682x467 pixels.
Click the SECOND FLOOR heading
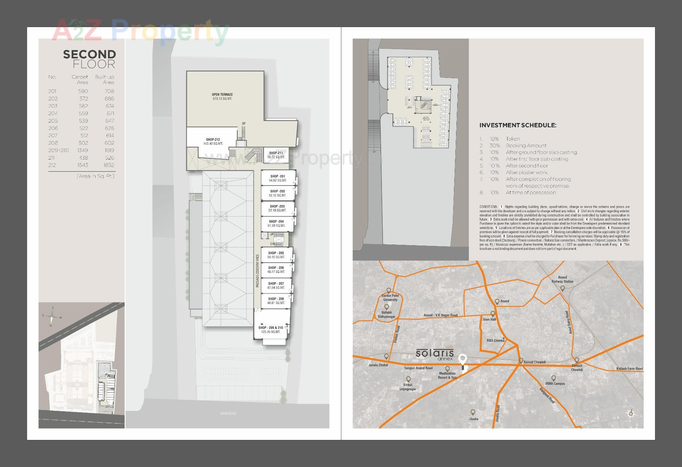click(89, 59)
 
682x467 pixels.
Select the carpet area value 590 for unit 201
click(83, 91)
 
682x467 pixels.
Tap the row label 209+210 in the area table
click(59, 150)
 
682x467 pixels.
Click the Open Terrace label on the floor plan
click(222, 97)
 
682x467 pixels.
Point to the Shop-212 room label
click(213, 141)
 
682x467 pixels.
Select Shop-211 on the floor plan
click(276, 155)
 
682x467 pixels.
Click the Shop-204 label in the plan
click(276, 224)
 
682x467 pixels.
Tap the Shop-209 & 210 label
click(271, 329)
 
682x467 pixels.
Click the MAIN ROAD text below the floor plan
click(228, 413)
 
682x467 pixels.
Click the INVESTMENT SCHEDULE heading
click(518, 125)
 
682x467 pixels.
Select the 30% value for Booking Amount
click(494, 146)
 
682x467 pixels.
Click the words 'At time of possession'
click(531, 193)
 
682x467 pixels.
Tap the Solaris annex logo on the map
click(435, 354)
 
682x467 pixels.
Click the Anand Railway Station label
click(562, 279)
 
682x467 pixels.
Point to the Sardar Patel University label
click(390, 297)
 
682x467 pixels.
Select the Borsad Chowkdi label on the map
click(534, 363)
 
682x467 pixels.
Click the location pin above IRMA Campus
click(553, 378)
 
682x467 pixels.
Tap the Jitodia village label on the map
click(473, 419)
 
